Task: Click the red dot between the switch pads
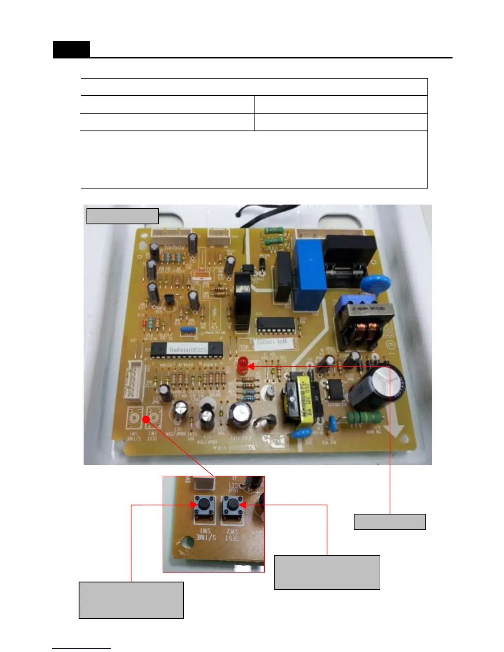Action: pos(146,419)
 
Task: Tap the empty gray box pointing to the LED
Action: pos(390,522)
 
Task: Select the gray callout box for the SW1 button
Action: pos(131,600)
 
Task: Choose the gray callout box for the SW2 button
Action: pos(327,572)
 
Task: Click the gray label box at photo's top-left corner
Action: pos(122,216)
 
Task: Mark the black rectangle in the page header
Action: pos(71,49)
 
